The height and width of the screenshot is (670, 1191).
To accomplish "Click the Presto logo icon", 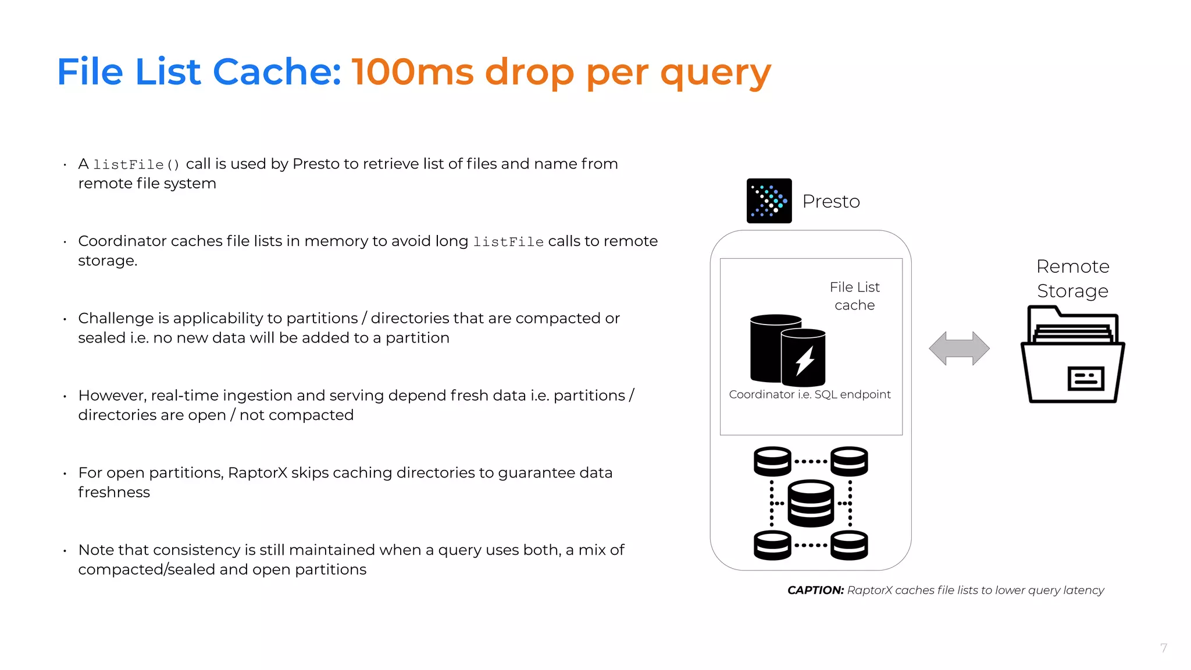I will [x=769, y=201].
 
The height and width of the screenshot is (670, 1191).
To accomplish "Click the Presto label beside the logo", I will [x=831, y=201].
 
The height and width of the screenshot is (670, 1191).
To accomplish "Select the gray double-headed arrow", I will [x=959, y=348].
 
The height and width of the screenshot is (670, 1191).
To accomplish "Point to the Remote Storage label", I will [x=1073, y=279].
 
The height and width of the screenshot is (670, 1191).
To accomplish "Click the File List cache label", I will [x=854, y=296].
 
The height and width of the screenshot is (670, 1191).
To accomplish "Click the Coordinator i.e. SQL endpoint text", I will [x=810, y=394].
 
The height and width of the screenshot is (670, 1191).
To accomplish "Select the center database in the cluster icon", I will [x=811, y=503].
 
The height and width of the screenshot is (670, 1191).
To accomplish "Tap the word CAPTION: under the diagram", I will [x=815, y=590].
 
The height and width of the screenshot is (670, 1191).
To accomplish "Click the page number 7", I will [x=1163, y=648].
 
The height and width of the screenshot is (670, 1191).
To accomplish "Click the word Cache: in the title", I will [x=277, y=72].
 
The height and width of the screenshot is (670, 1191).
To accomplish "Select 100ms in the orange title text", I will [x=413, y=72].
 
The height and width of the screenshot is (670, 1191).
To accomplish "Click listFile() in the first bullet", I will [x=137, y=165].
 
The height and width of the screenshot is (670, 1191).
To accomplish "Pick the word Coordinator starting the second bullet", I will [x=122, y=241].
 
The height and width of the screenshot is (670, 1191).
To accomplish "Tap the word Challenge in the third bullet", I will [x=116, y=318].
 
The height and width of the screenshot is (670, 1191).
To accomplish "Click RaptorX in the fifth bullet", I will [x=258, y=473].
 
